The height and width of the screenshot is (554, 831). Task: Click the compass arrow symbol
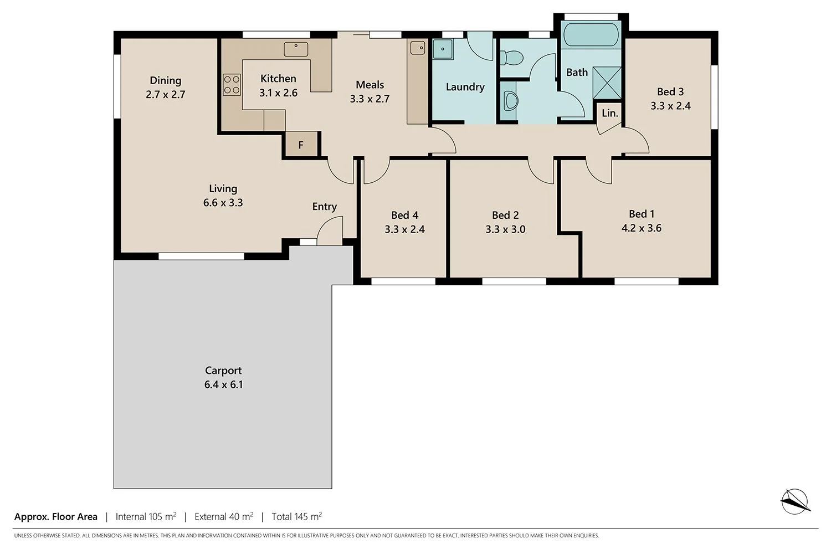point(796,500)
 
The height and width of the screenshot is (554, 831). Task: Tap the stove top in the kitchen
point(232,84)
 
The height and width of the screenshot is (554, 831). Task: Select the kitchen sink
point(296,49)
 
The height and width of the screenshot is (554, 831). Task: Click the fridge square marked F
point(301,145)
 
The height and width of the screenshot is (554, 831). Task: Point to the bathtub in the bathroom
point(591,35)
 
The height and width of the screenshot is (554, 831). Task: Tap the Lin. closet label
point(609,113)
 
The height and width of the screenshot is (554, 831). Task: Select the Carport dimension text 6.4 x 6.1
point(223,384)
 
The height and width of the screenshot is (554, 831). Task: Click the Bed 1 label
point(642,214)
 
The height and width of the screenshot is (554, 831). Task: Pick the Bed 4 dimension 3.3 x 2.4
point(404,229)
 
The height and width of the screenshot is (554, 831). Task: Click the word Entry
point(324,207)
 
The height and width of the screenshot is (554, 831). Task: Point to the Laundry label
point(465,87)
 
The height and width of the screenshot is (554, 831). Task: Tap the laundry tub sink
point(443,49)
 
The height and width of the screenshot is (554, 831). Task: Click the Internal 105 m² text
point(146,516)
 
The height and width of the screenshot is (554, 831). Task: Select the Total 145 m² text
point(296,516)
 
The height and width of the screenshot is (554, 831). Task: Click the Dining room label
point(165,81)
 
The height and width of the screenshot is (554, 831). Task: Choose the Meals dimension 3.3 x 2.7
point(370,99)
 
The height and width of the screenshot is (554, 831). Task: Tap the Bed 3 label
point(670,92)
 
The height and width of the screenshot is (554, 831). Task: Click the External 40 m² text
point(224,516)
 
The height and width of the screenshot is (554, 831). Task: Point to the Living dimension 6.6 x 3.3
point(223,203)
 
